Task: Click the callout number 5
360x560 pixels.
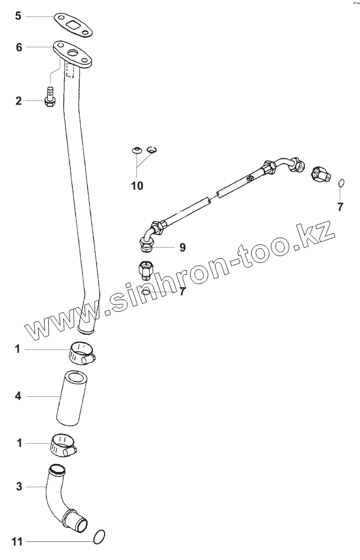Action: [x=18, y=16]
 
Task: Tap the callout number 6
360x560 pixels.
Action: [x=19, y=47]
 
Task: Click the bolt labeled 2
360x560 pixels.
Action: [x=49, y=99]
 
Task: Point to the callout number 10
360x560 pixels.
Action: [x=137, y=185]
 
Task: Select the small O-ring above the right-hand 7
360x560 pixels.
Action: [x=341, y=183]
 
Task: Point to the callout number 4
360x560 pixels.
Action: [x=18, y=396]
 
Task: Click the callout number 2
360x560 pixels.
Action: [x=19, y=100]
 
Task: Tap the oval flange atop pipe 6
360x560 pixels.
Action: [x=72, y=54]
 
